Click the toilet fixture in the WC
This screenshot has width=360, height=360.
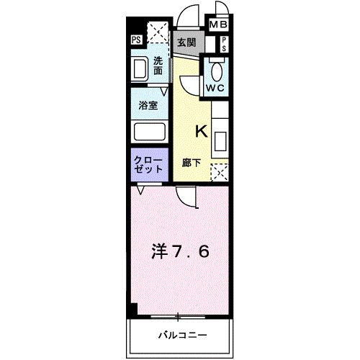point(215,69)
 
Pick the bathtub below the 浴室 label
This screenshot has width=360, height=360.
point(149,132)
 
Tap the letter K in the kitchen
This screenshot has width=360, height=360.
point(202,132)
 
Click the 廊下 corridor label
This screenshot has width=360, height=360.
point(192,163)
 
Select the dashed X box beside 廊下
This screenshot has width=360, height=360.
point(220,173)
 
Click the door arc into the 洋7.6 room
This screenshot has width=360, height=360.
point(187,196)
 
